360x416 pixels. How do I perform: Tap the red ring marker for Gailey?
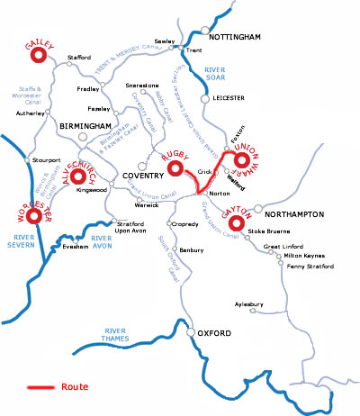tap(38, 56)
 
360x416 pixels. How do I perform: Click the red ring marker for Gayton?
tap(238, 222)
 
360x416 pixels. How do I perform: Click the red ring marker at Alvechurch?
tap(79, 170)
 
